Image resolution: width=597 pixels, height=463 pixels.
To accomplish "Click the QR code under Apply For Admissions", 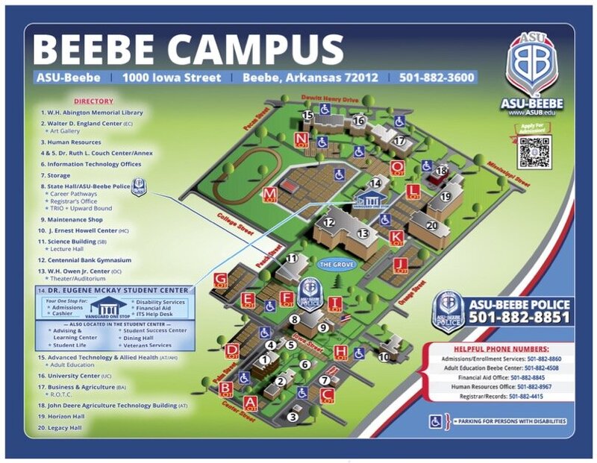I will (x=534, y=152).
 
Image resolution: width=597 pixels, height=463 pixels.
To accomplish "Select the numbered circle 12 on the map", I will (x=328, y=222).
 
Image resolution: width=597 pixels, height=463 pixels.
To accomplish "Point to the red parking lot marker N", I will (x=301, y=139).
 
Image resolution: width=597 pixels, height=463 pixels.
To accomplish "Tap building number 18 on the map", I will (x=441, y=171).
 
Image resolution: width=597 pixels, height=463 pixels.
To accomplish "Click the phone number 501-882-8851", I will (x=519, y=318).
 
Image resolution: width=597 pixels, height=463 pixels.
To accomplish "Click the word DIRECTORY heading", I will (x=94, y=101).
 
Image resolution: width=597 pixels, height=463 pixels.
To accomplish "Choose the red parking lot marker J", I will (x=401, y=264).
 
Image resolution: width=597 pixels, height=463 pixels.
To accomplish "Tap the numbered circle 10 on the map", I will (x=384, y=357).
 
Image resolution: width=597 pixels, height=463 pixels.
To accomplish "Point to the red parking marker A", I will (x=251, y=403).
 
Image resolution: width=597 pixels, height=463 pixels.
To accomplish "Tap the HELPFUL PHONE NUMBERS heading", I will (x=501, y=349).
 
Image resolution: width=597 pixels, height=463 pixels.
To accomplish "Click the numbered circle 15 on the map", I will (x=308, y=115).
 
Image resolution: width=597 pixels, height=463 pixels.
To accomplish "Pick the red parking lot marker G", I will (x=220, y=280).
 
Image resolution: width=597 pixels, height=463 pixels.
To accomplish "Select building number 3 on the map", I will (x=293, y=417).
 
